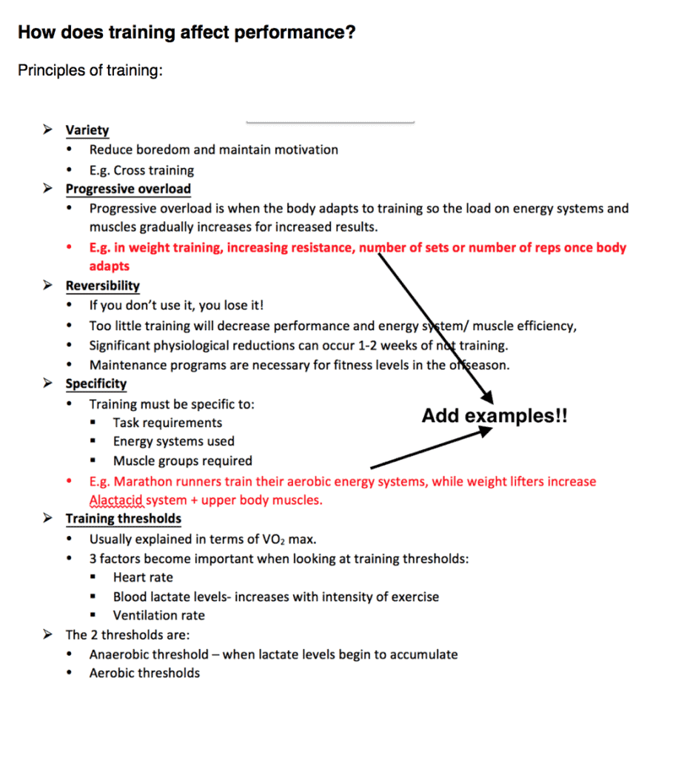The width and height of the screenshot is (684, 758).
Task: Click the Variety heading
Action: (87, 130)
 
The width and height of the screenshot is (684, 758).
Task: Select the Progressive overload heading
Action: (127, 189)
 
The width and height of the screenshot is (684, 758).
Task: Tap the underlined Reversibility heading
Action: (102, 286)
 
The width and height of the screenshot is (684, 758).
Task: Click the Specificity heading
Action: (95, 383)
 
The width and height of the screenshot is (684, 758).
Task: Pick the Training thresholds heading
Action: (123, 519)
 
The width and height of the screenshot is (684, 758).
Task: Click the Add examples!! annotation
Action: (494, 416)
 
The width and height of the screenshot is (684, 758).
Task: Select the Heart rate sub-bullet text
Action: (143, 577)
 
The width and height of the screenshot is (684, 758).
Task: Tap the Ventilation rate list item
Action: (158, 615)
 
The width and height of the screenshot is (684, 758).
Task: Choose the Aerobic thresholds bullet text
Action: (144, 673)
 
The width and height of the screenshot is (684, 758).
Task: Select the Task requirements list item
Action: (167, 423)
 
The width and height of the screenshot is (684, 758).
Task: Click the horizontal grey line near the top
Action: (330, 121)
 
